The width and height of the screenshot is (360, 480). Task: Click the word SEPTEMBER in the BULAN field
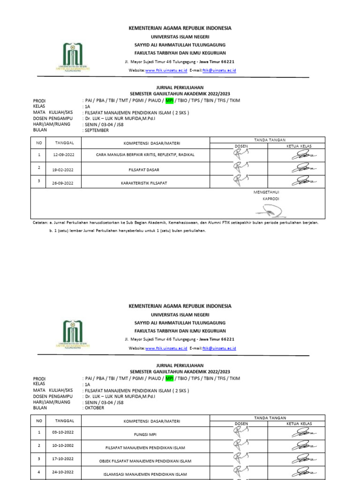pyautogui.click(x=97, y=130)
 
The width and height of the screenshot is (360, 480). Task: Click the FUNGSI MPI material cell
pyautogui.click(x=145, y=434)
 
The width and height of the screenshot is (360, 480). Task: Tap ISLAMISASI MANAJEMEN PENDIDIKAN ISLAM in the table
pyautogui.click(x=145, y=474)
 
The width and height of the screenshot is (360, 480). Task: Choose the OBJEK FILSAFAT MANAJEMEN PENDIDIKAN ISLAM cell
pyautogui.click(x=145, y=461)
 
